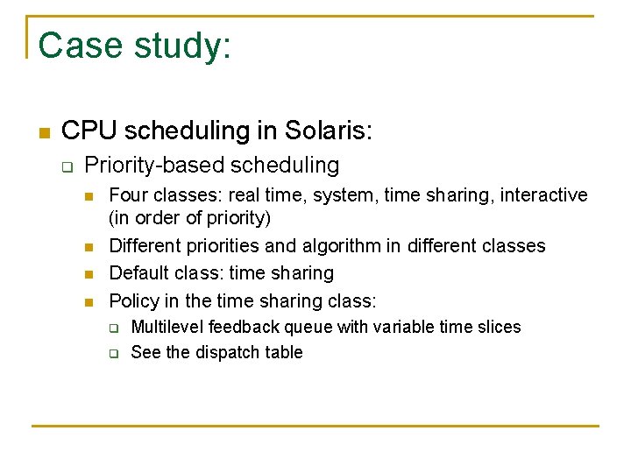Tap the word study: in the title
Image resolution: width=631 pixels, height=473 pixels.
pos(182,46)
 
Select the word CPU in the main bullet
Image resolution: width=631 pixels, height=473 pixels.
pos(89,131)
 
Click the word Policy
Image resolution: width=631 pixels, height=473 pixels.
pos(132,300)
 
